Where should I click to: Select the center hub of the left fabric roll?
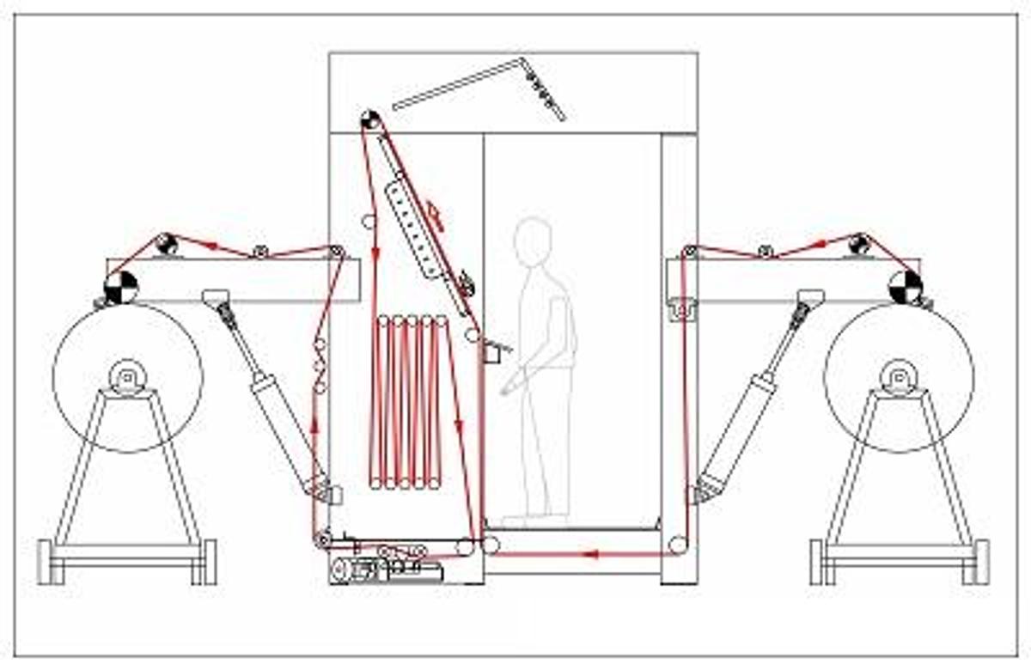pos(127,376)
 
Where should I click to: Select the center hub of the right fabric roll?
pos(899,376)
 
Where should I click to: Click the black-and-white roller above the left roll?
pos(121,287)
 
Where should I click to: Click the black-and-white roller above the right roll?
pos(906,287)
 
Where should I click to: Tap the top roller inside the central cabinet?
pos(370,120)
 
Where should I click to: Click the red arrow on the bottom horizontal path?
pos(590,554)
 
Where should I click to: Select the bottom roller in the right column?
pos(679,544)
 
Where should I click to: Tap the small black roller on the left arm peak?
pos(168,244)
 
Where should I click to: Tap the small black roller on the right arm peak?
pos(858,244)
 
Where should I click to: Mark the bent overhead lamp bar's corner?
pos(522,60)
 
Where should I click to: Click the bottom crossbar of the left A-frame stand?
pos(127,550)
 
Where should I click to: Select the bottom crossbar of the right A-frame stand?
pos(899,550)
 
